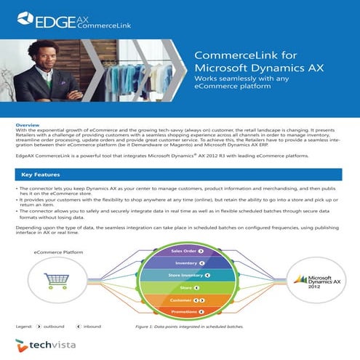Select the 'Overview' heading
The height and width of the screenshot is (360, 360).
(x=27, y=125)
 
